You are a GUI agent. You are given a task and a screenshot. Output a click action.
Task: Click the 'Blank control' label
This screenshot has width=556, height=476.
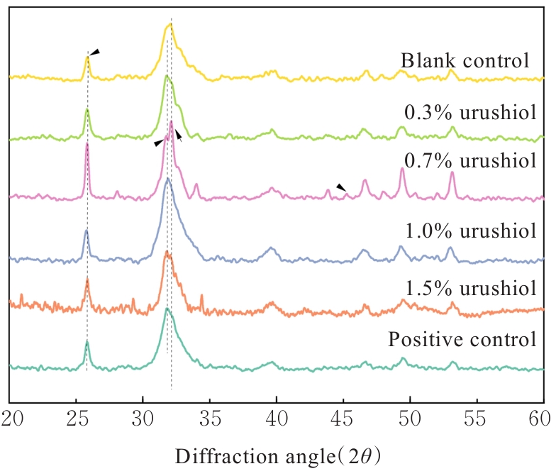tap(465, 61)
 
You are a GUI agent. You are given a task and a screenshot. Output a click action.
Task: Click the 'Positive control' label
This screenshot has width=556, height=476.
tap(462, 339)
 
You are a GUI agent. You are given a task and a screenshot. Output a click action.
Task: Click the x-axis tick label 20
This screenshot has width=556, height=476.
tap(10, 415)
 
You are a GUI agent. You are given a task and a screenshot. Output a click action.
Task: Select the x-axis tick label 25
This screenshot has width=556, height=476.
tap(77, 415)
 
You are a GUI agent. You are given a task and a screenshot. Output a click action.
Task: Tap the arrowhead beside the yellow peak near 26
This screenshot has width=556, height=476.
tap(95, 52)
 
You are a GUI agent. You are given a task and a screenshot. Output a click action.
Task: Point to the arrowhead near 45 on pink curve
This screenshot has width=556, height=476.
tap(341, 187)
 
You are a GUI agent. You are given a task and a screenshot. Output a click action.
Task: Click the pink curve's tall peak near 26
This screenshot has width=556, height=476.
tap(87, 144)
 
